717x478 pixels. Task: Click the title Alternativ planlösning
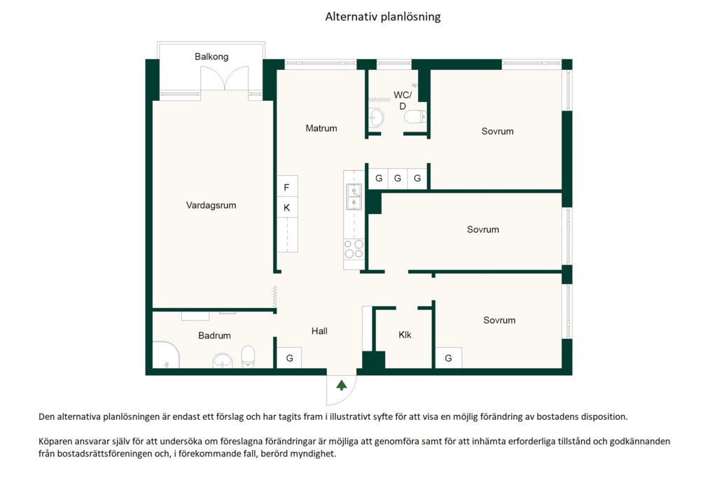383,17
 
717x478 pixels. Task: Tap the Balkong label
211,57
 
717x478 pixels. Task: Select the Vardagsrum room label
211,205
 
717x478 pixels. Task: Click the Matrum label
321,128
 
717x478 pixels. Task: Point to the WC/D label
403,101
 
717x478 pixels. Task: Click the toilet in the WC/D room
415,117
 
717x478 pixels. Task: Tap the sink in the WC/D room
376,118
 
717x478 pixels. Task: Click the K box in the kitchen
287,207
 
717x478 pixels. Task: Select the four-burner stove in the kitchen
354,249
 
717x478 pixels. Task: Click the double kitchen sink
354,197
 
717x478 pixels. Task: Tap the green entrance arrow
341,385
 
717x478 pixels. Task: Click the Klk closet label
405,335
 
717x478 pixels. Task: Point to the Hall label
319,331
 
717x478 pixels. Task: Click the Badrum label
214,335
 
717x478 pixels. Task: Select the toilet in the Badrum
248,356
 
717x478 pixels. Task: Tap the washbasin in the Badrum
223,360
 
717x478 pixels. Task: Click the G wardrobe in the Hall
289,358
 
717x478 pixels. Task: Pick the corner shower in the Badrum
166,354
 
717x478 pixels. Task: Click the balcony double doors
225,78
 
